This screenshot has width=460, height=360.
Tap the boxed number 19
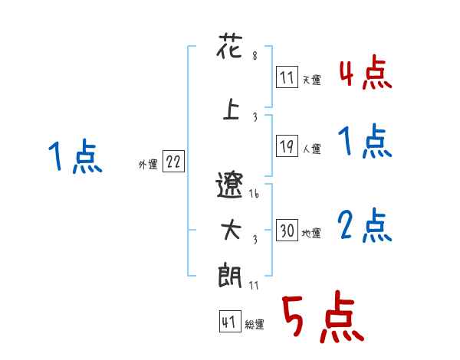(287, 146)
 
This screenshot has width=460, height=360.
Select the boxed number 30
(287, 231)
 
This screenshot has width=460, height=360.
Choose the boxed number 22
(173, 162)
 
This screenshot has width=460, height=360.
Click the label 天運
(311, 79)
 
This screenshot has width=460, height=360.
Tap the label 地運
(311, 233)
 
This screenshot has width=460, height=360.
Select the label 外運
(147, 165)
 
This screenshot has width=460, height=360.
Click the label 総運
(254, 325)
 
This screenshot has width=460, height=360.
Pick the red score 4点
(365, 74)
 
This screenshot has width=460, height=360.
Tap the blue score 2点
(365, 227)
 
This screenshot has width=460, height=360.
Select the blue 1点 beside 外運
(74, 158)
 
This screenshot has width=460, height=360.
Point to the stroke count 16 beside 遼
(255, 195)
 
